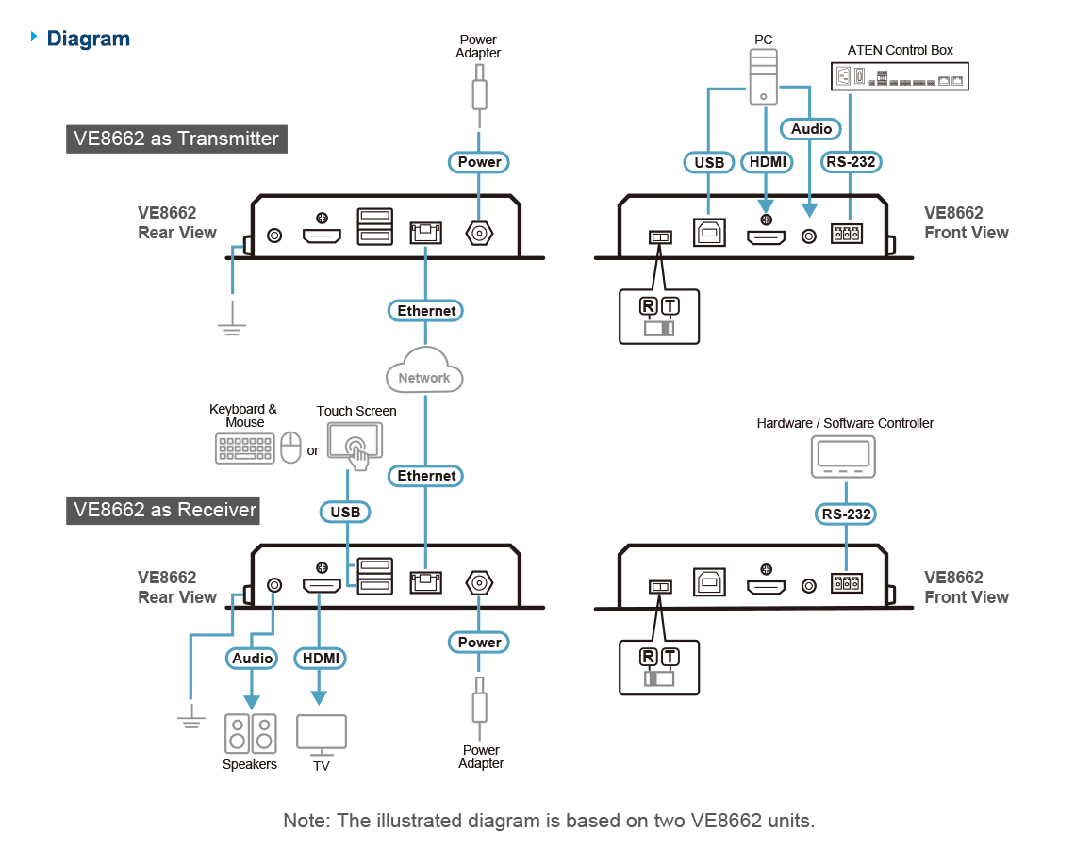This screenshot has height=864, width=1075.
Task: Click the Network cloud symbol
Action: click(424, 370)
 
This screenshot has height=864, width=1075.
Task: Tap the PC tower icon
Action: click(763, 76)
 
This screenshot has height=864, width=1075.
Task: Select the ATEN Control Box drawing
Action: click(900, 76)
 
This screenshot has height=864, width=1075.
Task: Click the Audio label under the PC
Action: click(811, 129)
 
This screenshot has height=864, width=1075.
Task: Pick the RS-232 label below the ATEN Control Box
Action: click(851, 162)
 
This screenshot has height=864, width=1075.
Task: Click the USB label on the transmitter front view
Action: click(709, 162)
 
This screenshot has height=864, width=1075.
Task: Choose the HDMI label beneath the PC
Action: click(768, 162)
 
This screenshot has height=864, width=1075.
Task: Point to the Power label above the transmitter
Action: click(478, 162)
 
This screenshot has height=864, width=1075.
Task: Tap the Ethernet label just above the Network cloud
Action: click(425, 310)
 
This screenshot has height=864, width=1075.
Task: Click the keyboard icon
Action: click(245, 448)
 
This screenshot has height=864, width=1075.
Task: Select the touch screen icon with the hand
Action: click(356, 445)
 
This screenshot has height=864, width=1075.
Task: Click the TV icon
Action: click(322, 735)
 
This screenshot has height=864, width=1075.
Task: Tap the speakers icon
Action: click(250, 733)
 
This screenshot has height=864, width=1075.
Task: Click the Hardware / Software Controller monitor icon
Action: click(843, 456)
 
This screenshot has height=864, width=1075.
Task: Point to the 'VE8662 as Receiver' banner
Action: click(163, 511)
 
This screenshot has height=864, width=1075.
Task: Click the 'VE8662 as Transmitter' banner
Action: click(177, 139)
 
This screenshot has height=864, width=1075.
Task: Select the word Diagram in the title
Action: click(89, 39)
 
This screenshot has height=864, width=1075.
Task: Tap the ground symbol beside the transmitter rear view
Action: click(232, 328)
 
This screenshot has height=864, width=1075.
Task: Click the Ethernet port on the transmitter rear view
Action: click(425, 233)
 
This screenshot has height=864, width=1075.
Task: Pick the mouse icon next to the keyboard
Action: click(290, 448)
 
